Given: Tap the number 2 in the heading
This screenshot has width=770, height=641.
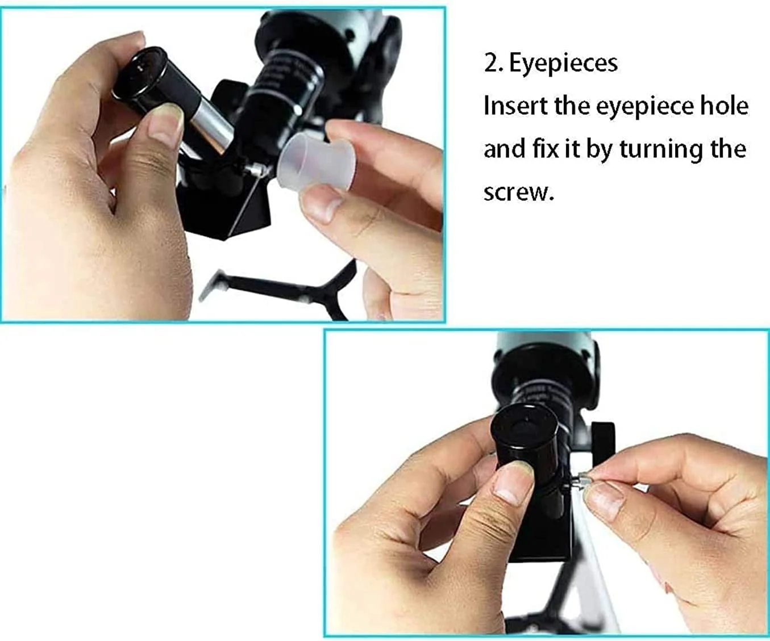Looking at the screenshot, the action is click(491, 64).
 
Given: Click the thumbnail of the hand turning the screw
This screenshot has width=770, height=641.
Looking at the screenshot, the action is click(605, 501).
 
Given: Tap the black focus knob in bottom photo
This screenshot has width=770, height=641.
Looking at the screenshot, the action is click(603, 444).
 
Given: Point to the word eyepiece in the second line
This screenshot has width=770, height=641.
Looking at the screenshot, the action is click(640, 107).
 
